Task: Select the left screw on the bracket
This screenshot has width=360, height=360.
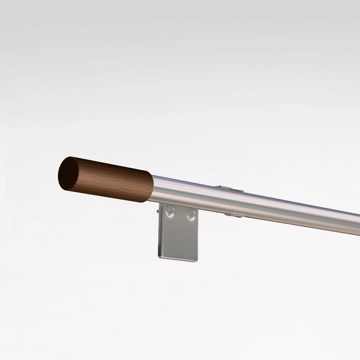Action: tap(170, 214)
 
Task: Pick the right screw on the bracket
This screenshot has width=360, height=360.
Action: tap(191, 215)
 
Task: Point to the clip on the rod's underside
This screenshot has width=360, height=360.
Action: tap(234, 215)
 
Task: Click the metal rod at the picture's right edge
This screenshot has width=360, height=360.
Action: tap(356, 221)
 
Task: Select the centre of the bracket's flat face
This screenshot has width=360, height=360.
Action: tap(179, 234)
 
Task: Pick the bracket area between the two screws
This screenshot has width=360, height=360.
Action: tap(181, 215)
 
